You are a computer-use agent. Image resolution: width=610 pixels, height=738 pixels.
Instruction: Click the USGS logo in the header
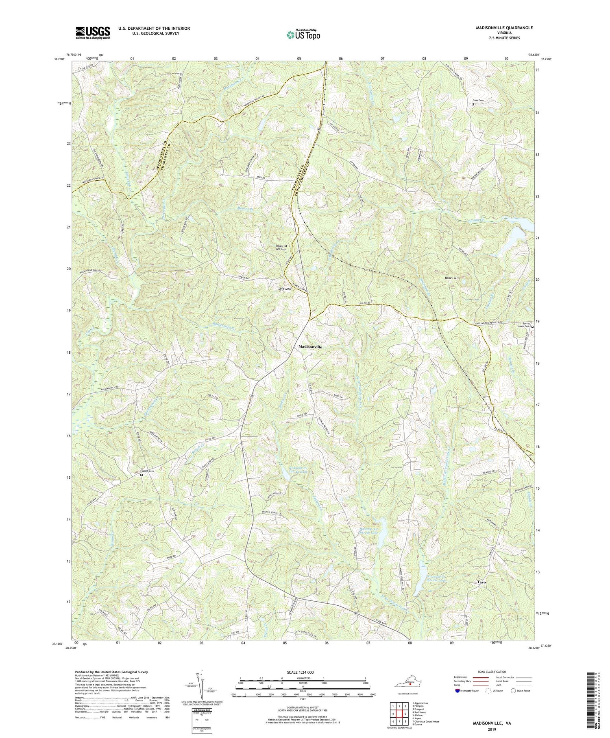92,33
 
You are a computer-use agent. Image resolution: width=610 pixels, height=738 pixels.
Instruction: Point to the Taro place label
481,582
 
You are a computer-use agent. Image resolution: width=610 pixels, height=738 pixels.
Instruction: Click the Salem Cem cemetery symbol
142,475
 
